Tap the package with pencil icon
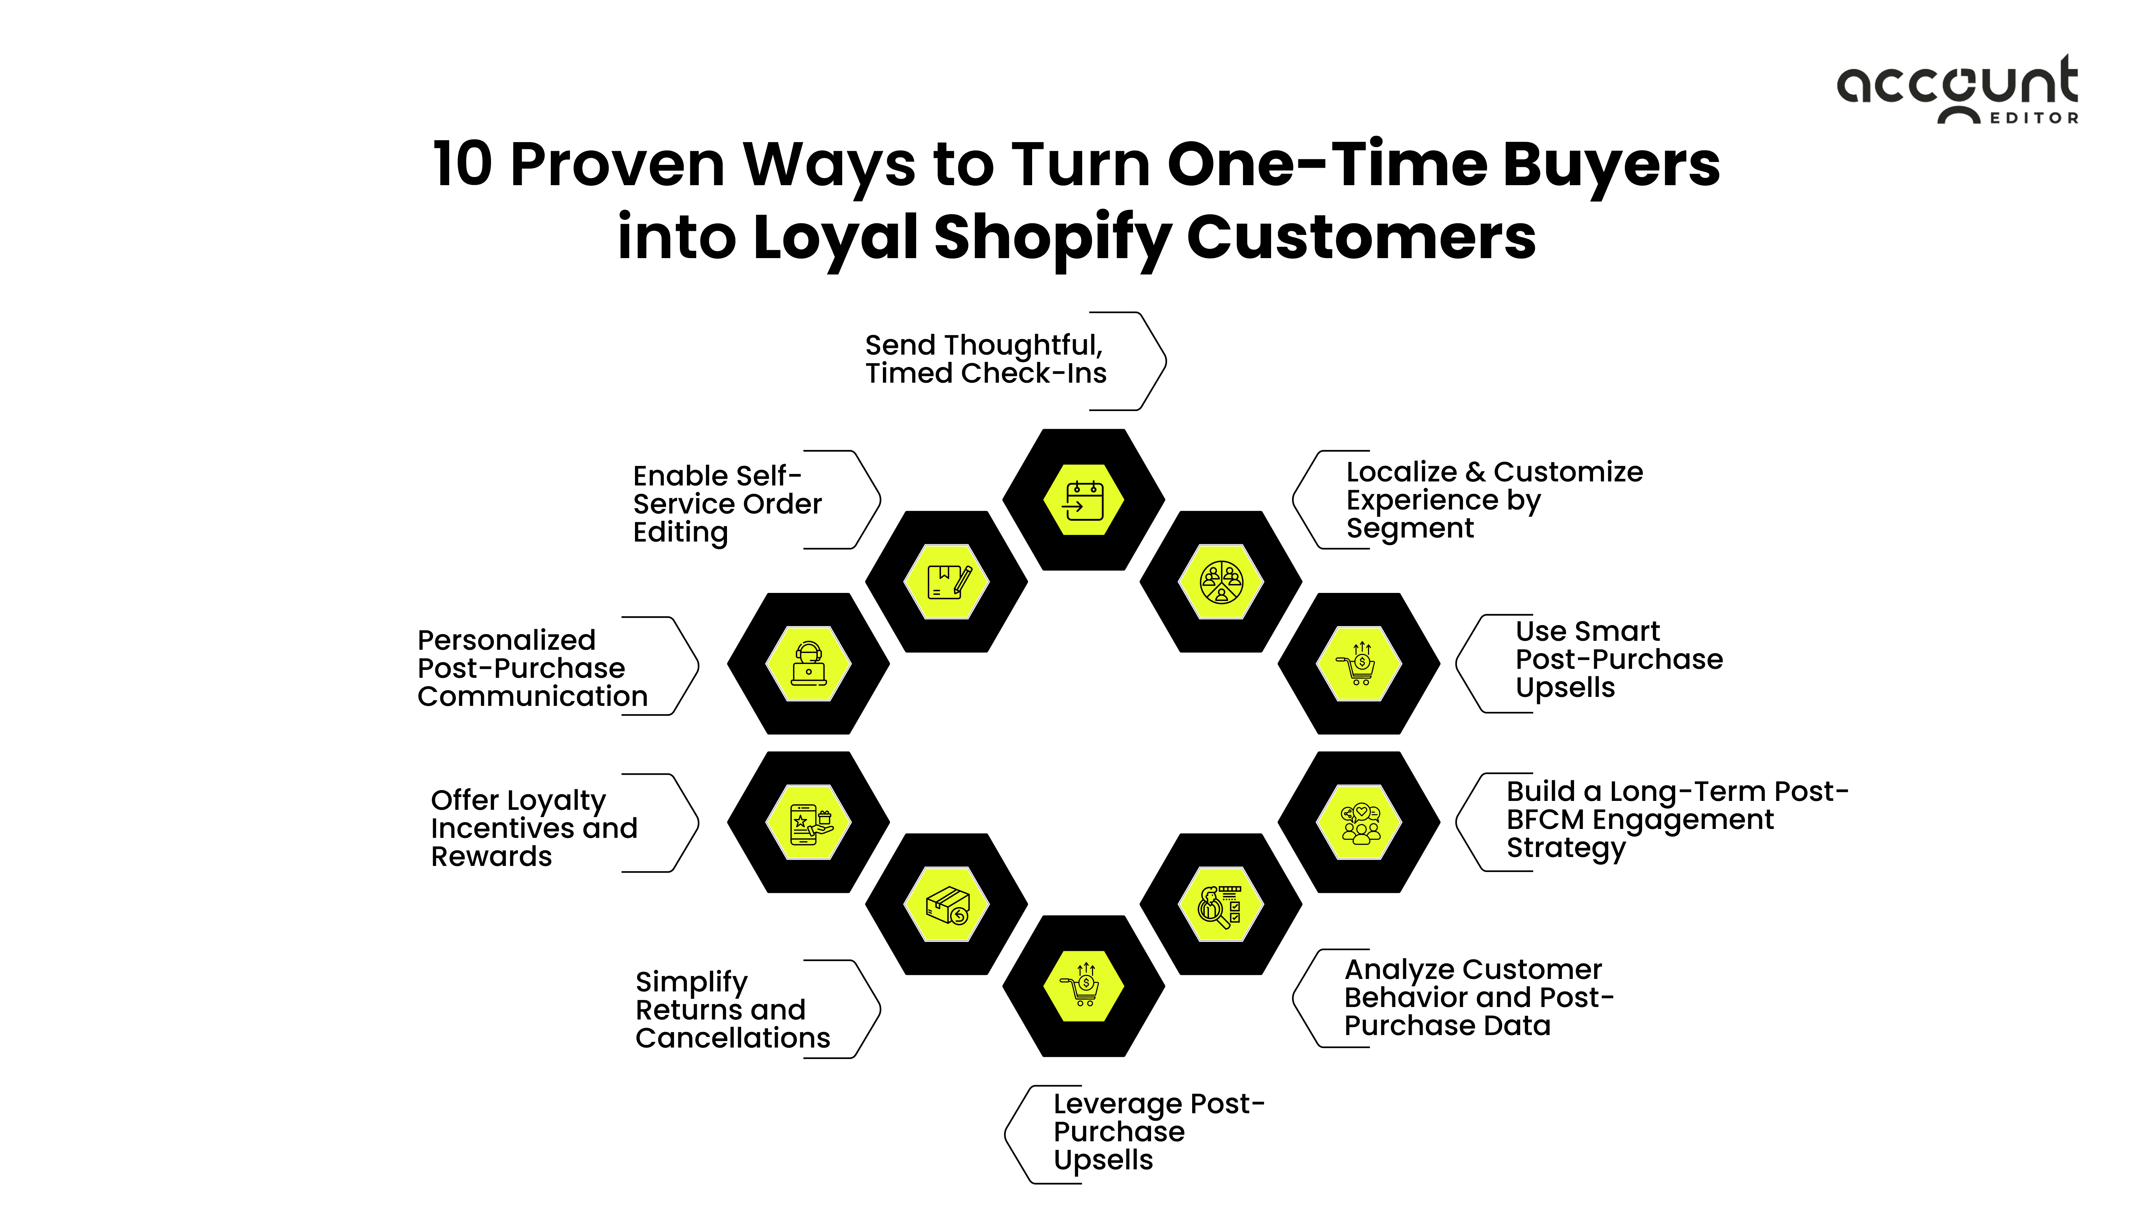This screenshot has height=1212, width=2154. coord(946,582)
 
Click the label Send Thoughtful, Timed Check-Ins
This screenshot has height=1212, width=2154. coord(985,359)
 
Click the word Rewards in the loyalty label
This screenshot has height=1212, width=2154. coord(492,857)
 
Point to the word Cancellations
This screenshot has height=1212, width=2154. coord(733,1038)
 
